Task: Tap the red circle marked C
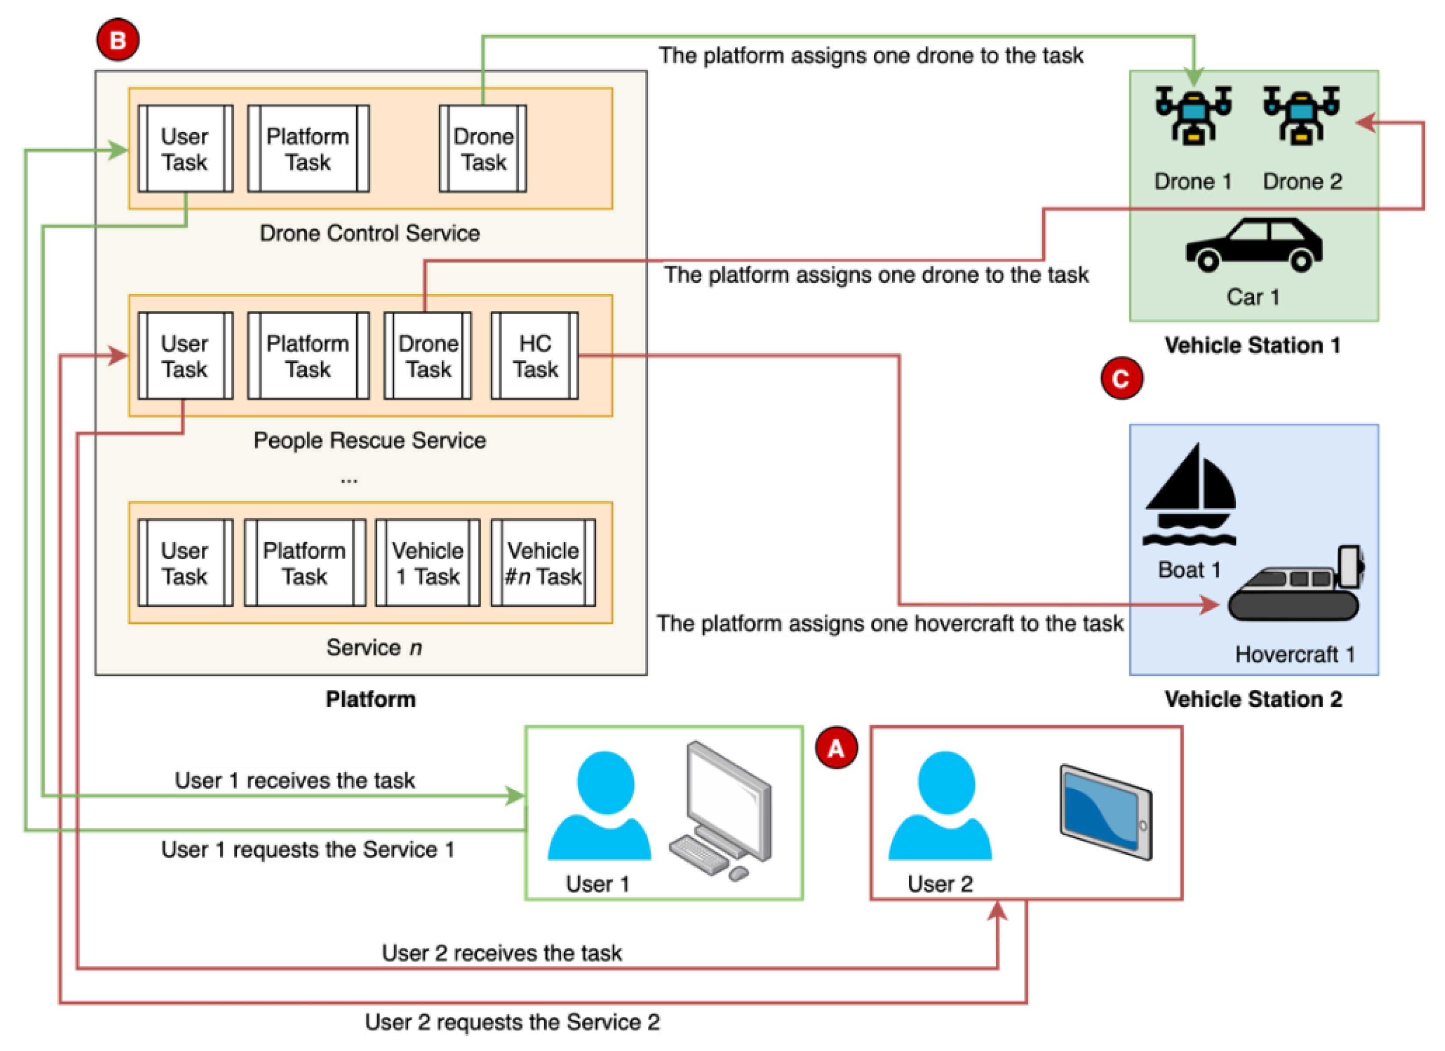pos(1122,378)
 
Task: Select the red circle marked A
pos(836,748)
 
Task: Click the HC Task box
pos(534,356)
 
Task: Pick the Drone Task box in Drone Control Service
pos(483,148)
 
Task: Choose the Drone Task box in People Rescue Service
pos(428,356)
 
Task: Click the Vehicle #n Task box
pos(543,563)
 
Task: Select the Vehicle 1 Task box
pos(428,563)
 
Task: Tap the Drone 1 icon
pos(1193,115)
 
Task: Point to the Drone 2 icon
pos(1301,115)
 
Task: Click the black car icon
pos(1253,245)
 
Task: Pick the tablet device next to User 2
pos(1105,812)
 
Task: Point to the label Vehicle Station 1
pos(1252,346)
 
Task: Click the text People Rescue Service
pos(369,441)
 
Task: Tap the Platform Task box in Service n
pos(305,563)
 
